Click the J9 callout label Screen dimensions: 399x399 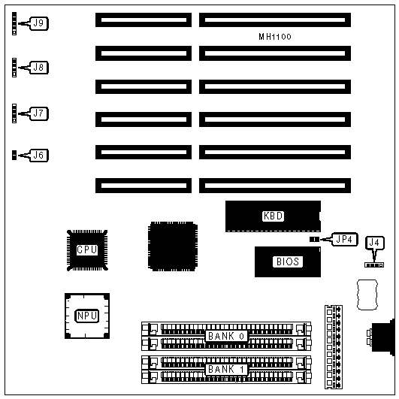click(38, 23)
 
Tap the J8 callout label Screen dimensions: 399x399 click(38, 68)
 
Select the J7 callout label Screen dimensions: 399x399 click(38, 113)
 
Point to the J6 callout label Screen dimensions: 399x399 click(38, 155)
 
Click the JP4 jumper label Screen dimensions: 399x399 click(344, 239)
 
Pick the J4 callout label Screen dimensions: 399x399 click(374, 243)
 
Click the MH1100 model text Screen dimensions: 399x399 click(275, 37)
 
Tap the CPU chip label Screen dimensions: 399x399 click(87, 249)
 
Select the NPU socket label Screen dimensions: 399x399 click(86, 316)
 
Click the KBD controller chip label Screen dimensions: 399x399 click(273, 216)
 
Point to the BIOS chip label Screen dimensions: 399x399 click(288, 261)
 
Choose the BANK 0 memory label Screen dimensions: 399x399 click(226, 336)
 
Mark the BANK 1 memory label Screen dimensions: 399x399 click(226, 369)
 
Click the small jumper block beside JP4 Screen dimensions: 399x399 click(314, 240)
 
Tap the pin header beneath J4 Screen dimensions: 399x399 click(374, 265)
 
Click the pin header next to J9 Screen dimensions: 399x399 click(14, 23)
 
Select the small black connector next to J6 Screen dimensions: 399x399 click(14, 156)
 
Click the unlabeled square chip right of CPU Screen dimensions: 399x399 click(173, 246)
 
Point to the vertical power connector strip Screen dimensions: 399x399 click(334, 347)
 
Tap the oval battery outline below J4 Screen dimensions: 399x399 click(367, 295)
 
